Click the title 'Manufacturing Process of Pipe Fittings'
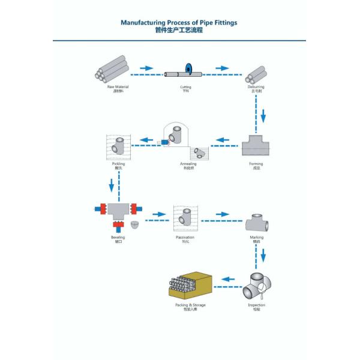click(x=179, y=22)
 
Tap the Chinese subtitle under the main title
click(x=179, y=29)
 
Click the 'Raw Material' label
click(x=118, y=87)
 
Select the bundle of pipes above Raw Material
click(x=112, y=69)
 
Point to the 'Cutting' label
click(x=185, y=87)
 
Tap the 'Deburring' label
click(x=256, y=87)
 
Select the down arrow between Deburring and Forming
click(x=262, y=114)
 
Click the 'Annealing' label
click(x=188, y=163)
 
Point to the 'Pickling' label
click(x=118, y=163)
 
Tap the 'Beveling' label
click(x=118, y=238)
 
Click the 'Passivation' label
click(x=185, y=238)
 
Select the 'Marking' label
click(x=256, y=238)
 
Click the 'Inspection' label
click(x=256, y=305)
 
